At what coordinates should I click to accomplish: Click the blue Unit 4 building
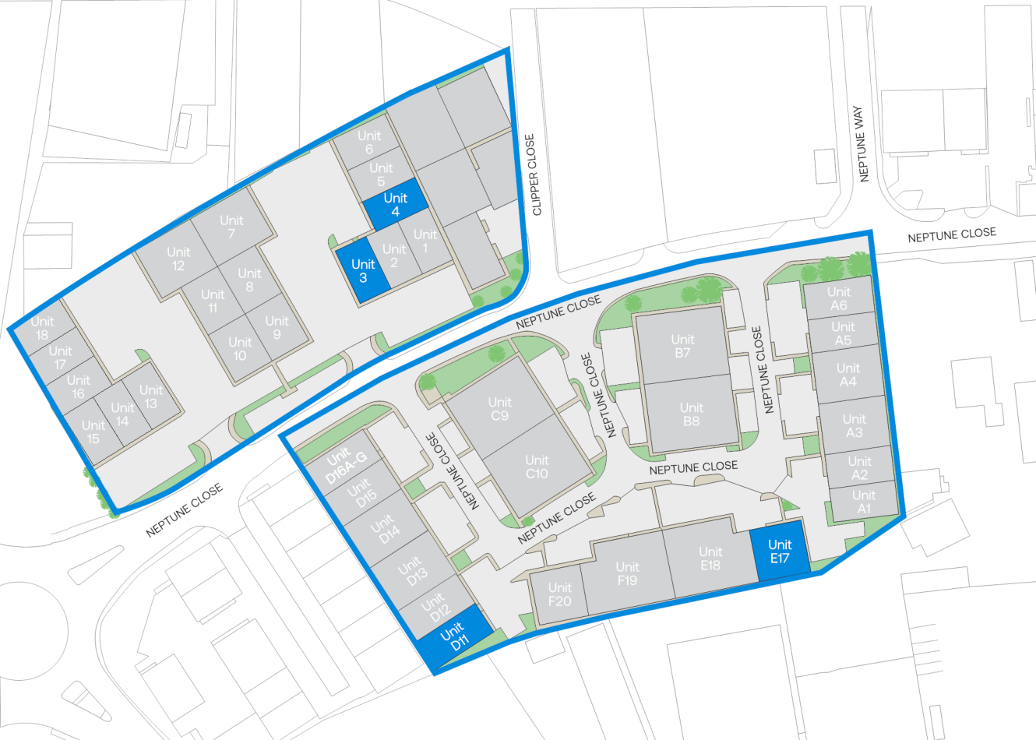[396, 205]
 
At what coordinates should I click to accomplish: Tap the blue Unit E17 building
[779, 552]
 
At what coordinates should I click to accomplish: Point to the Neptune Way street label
[861, 144]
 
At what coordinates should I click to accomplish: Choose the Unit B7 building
[683, 346]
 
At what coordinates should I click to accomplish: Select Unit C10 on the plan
[537, 467]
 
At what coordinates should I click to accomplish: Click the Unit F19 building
[627, 573]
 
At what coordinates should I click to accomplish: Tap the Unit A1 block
[863, 502]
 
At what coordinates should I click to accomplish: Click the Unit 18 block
[42, 328]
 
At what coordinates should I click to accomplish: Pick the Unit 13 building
[150, 396]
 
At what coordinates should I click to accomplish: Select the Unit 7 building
[231, 227]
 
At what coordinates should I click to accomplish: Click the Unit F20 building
[559, 594]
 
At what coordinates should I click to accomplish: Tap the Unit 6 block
[369, 142]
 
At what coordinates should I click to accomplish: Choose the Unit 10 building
[240, 348]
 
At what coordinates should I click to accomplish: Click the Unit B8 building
[692, 414]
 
